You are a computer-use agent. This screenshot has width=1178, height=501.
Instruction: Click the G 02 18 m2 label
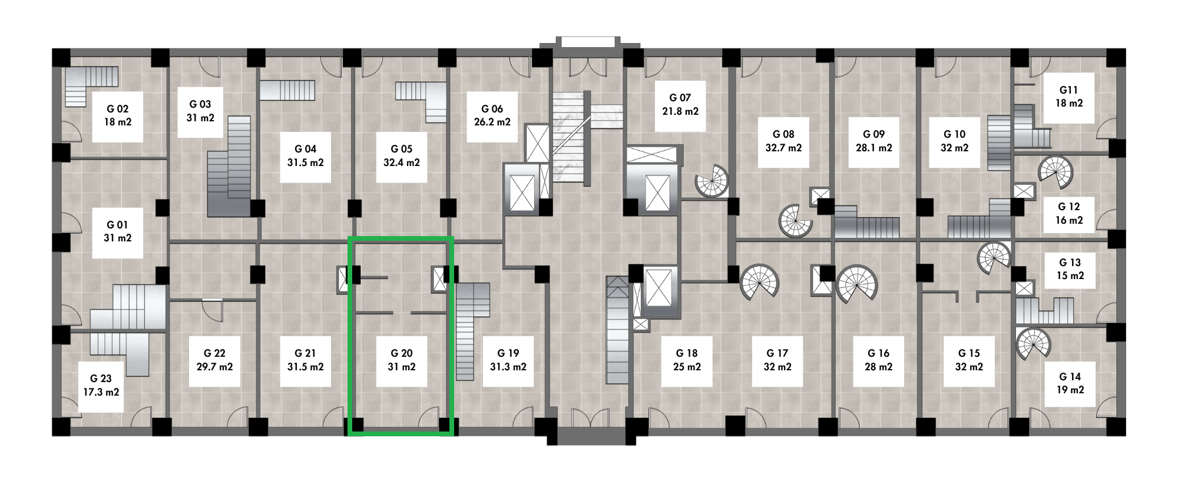(118, 115)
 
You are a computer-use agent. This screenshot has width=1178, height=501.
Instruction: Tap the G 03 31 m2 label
(200, 111)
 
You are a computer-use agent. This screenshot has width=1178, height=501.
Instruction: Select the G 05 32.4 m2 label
(402, 156)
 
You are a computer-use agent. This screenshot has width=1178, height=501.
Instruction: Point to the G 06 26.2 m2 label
(492, 115)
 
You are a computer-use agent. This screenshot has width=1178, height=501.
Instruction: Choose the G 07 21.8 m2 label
(680, 104)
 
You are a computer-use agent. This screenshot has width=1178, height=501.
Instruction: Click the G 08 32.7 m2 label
(783, 141)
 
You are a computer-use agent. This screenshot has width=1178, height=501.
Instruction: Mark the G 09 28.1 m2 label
(874, 141)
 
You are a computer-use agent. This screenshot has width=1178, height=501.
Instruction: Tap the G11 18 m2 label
(1069, 97)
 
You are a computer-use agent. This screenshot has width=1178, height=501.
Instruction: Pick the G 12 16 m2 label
(1069, 213)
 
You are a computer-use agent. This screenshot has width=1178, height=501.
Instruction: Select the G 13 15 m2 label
(1070, 269)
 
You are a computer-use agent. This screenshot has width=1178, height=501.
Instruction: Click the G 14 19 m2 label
(1070, 383)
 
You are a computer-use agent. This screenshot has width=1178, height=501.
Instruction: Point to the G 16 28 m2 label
(879, 360)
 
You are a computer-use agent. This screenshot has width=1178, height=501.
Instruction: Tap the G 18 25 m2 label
(687, 360)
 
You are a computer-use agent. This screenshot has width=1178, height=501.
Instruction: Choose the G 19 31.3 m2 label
(508, 360)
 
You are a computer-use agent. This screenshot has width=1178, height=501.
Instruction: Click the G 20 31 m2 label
(402, 360)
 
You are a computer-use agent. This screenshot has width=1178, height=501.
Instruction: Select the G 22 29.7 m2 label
(214, 360)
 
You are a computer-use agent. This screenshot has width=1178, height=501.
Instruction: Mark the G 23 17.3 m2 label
(101, 385)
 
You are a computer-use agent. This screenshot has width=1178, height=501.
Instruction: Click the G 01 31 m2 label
(118, 231)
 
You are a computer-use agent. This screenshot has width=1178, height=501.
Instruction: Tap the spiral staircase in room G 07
(712, 181)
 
